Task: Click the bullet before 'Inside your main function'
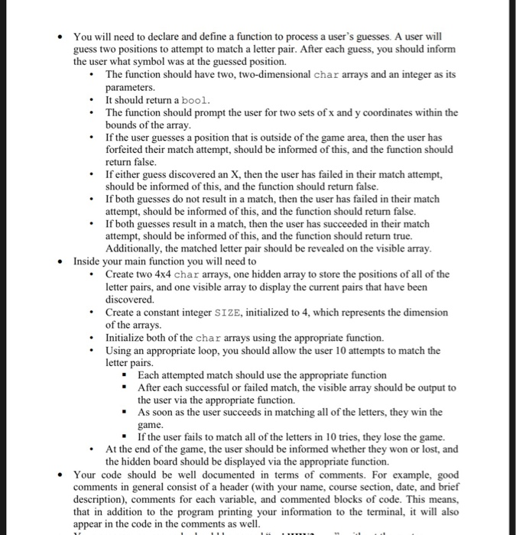pyautogui.click(x=61, y=261)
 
